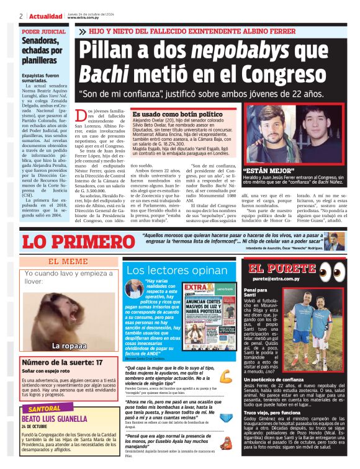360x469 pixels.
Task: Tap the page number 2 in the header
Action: (x=20, y=16)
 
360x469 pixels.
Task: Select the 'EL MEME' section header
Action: (x=69, y=262)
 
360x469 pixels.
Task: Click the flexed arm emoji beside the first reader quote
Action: (x=226, y=375)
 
